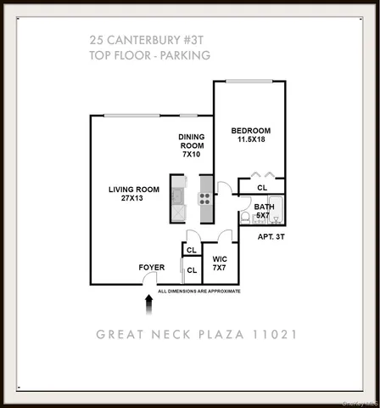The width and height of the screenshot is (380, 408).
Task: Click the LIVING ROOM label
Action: click(131, 189)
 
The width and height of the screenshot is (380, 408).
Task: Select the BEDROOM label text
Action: click(251, 130)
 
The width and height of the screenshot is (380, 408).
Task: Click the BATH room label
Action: click(264, 207)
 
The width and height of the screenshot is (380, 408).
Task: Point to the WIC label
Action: click(219, 258)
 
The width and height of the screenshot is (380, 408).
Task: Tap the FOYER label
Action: click(152, 268)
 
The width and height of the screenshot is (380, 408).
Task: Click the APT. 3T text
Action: click(274, 237)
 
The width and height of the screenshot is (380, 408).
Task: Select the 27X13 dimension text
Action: click(131, 199)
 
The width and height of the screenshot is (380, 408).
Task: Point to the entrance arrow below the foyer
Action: click(150, 300)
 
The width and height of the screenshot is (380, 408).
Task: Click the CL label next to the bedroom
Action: click(262, 187)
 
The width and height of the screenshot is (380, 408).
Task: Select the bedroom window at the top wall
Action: click(249, 82)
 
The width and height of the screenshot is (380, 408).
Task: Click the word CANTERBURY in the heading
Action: click(148, 39)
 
